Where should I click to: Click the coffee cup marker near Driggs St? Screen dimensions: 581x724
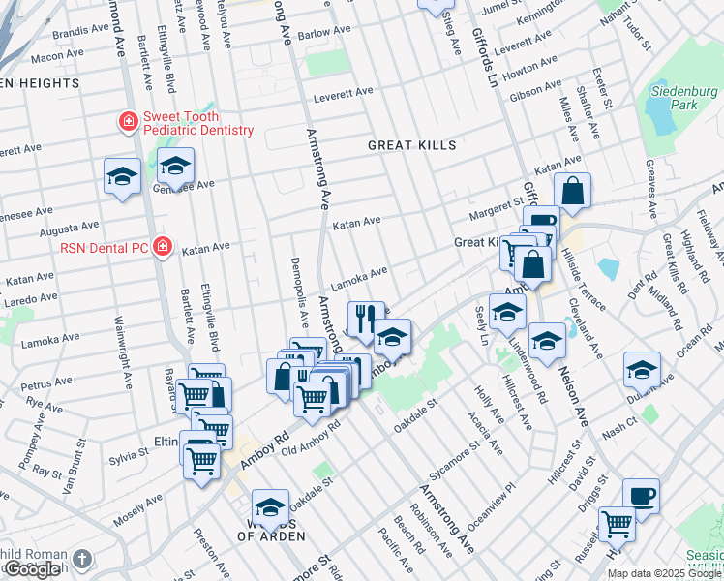tap(641, 496)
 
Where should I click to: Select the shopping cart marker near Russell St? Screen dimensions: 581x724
tap(617, 524)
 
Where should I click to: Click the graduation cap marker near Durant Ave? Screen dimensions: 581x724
tap(641, 370)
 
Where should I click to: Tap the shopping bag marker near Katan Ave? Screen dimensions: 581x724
tap(573, 192)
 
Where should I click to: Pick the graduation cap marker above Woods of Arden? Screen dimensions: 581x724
tap(270, 507)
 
